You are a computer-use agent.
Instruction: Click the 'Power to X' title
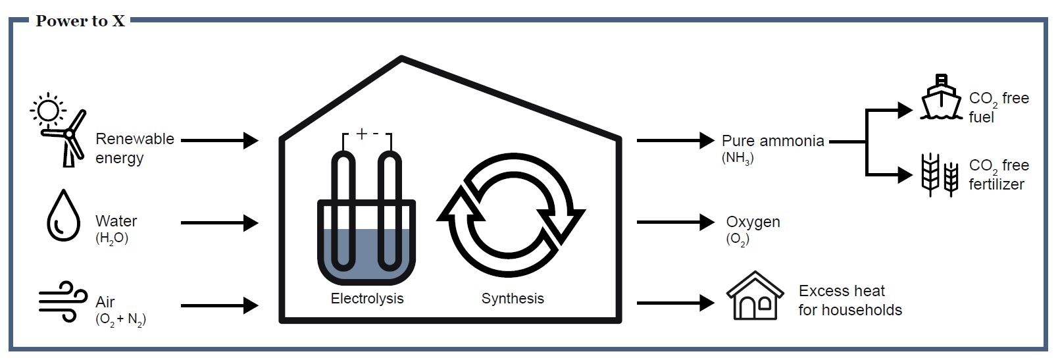tap(80, 21)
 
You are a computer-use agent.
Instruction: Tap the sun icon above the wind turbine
tap(47, 110)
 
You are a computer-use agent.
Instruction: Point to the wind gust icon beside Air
tap(63, 302)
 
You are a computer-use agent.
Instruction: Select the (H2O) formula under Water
tap(112, 238)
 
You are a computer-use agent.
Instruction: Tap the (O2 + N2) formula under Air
tap(120, 320)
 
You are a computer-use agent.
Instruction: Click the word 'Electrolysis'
tap(366, 299)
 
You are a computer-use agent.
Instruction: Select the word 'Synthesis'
tap(513, 299)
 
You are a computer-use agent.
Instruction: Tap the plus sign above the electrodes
tap(361, 134)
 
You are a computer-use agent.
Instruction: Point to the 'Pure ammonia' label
tap(772, 141)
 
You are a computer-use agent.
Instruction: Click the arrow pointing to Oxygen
tap(675, 222)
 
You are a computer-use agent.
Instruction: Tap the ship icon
tap(942, 98)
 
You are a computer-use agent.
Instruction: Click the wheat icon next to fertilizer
tap(940, 174)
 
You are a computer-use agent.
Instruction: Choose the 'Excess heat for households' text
tap(849, 300)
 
